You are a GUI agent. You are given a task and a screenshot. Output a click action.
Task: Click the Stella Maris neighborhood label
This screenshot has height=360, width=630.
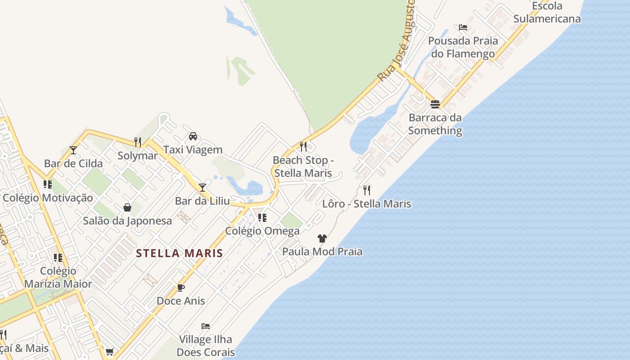tap(180, 253)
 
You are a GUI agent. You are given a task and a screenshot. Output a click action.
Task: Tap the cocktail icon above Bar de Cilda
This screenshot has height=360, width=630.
tap(73, 150)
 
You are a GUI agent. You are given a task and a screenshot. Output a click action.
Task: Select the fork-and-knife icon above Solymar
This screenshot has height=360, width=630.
tap(138, 142)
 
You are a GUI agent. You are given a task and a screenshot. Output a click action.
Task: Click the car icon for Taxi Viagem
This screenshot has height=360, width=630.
tap(193, 136)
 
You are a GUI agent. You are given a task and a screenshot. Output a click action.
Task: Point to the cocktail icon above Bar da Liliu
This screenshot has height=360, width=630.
tap(202, 187)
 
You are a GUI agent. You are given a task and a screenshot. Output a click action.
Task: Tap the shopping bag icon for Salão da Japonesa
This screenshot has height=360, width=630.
tap(127, 207)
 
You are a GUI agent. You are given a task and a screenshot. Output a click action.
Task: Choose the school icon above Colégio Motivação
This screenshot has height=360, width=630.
tap(48, 184)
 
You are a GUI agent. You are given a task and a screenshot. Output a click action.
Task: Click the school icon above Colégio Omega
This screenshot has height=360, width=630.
tap(262, 218)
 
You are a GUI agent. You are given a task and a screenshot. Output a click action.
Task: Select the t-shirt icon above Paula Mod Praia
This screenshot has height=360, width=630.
tap(322, 238)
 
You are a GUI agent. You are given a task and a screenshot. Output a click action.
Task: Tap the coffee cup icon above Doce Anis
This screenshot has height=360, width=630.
tap(181, 288)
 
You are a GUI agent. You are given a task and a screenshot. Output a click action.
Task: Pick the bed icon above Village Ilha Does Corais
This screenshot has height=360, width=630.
tap(206, 326)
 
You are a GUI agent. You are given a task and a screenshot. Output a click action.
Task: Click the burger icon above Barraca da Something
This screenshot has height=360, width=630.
tap(435, 104)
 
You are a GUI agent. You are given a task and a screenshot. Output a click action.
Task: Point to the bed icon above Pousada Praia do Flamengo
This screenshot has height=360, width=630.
tap(463, 27)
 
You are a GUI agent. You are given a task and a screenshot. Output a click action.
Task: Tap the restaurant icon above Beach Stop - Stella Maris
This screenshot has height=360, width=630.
tap(303, 147)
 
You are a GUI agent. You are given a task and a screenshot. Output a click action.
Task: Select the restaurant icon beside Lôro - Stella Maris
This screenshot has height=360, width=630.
tap(367, 190)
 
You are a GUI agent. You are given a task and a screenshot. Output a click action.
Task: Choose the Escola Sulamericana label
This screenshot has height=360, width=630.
tap(547, 13)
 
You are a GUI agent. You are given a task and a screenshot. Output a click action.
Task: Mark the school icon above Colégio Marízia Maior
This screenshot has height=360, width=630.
tap(58, 258)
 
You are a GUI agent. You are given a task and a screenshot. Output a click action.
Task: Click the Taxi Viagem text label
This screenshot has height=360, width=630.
tap(193, 149)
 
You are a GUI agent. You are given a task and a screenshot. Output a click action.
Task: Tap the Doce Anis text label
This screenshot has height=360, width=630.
tap(181, 301)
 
